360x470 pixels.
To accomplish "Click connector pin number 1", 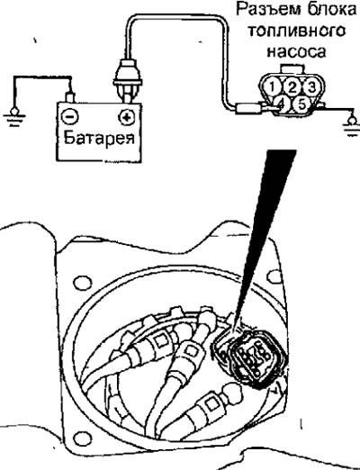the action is point(272,87).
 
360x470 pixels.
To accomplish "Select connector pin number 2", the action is point(292,87).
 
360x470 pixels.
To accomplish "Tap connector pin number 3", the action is point(312,87).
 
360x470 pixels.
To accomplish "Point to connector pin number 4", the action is point(281,104).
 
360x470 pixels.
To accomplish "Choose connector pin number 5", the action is point(301,104).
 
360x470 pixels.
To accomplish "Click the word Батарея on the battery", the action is point(100,138).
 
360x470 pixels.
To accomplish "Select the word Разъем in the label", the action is point(267,11).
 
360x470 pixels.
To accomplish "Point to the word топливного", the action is point(297,32).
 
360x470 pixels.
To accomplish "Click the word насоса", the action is point(296,51).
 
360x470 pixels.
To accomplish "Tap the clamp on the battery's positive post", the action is point(127,78).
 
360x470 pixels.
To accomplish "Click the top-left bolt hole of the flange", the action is point(80,283).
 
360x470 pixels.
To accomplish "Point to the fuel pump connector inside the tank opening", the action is point(251,357).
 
